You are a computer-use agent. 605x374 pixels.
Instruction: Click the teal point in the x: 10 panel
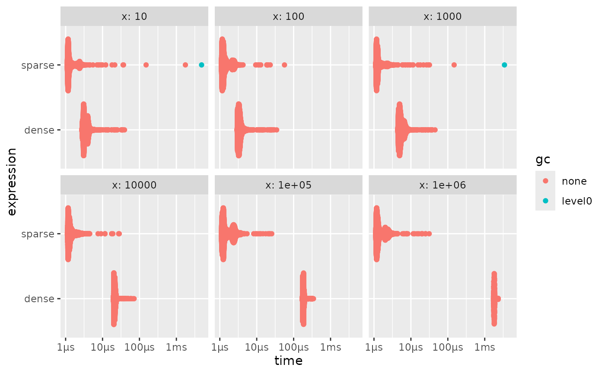tap(201, 65)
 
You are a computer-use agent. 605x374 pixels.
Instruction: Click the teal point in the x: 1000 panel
tap(504, 65)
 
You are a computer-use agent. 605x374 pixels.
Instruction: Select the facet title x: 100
tap(288, 16)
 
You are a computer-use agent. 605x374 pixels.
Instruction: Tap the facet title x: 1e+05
tap(288, 185)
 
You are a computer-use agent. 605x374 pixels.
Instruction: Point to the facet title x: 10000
tap(134, 185)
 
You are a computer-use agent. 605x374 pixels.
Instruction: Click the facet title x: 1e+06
tap(443, 185)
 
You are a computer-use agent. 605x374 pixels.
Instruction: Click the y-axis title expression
tap(12, 182)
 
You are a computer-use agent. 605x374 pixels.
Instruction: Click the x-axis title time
tap(288, 361)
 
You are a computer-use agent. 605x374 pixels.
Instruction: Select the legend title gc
tap(543, 160)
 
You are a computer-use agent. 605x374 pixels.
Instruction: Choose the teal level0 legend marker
tap(545, 201)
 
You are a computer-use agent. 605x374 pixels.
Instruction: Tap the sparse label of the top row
tap(38, 65)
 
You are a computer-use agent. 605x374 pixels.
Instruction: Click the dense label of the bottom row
tap(40, 298)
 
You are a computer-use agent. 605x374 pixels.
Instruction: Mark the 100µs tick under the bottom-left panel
tap(139, 347)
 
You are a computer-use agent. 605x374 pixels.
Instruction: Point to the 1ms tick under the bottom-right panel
tap(484, 347)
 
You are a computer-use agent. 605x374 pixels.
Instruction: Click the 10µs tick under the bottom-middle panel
tap(256, 347)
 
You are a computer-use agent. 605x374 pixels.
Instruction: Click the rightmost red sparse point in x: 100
tap(284, 65)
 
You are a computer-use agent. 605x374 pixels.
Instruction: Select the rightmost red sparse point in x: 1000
tap(454, 65)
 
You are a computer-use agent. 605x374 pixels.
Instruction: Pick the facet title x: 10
tap(134, 16)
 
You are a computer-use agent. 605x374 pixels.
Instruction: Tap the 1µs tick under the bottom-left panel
tap(65, 347)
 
